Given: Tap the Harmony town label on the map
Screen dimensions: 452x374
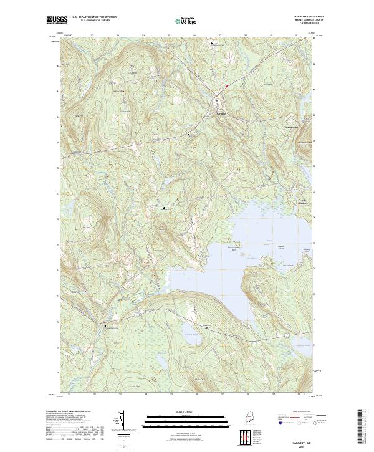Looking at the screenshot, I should pyautogui.click(x=221, y=113).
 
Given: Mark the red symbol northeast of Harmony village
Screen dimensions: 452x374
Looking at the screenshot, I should pyautogui.click(x=227, y=86).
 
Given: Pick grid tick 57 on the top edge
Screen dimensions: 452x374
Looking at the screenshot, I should pyautogui.click(x=221, y=36).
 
